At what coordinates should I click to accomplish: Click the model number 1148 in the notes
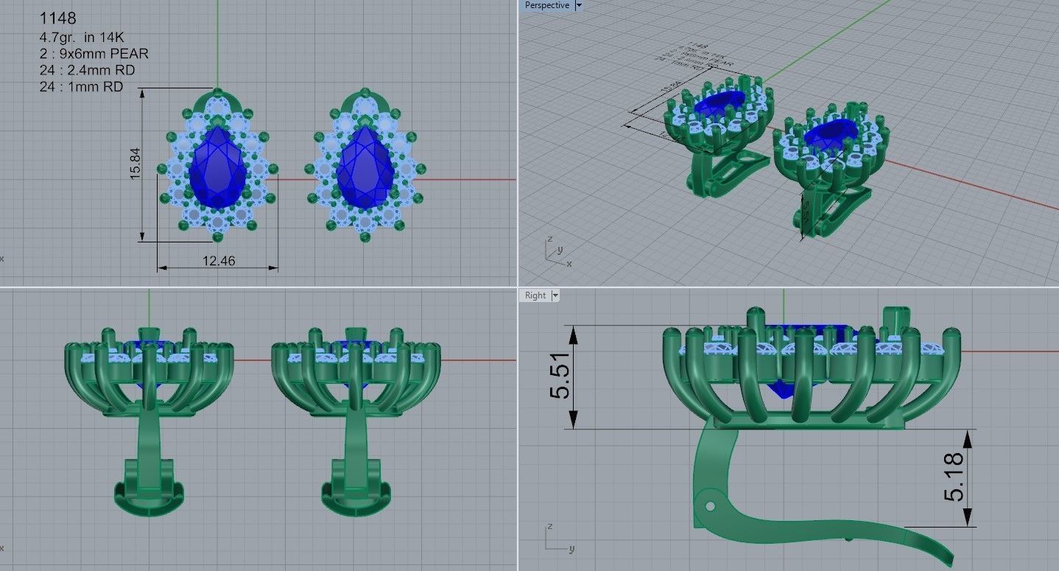point(57,18)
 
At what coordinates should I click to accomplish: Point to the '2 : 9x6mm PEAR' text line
point(94,53)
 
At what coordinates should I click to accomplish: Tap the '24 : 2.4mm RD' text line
point(87,70)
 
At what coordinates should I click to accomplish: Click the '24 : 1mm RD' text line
point(81,87)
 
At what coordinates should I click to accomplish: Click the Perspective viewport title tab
point(546,6)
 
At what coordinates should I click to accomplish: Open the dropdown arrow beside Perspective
point(579,6)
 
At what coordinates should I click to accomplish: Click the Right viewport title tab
point(535,295)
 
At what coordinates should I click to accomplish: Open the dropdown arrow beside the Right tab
point(555,295)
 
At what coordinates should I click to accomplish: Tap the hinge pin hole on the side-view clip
point(709,506)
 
